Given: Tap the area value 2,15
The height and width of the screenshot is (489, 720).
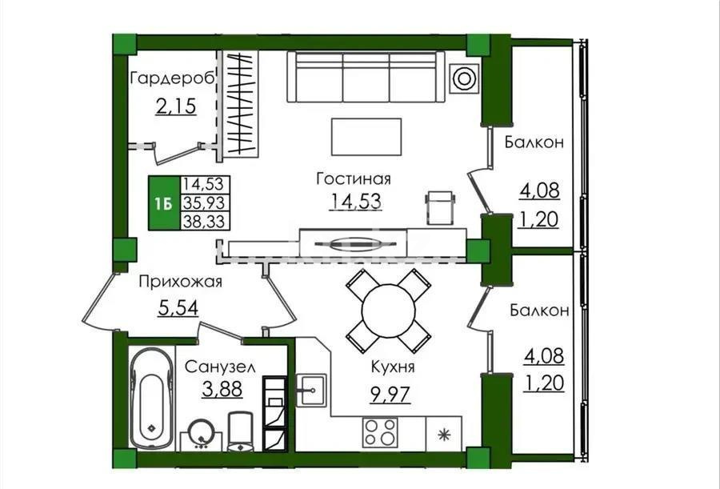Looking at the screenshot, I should coord(174,106).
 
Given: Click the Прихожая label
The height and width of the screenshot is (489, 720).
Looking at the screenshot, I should coord(179,282).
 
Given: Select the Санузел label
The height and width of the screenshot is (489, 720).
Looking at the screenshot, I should coord(220,367).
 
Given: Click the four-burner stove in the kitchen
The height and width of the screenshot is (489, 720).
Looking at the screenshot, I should coord(380,433).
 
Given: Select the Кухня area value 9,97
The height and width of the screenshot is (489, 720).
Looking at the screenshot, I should coord(390,395).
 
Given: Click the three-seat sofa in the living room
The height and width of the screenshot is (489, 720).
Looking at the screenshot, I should coord(365,77).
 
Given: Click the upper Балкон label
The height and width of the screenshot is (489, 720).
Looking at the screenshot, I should coord(534,142).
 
